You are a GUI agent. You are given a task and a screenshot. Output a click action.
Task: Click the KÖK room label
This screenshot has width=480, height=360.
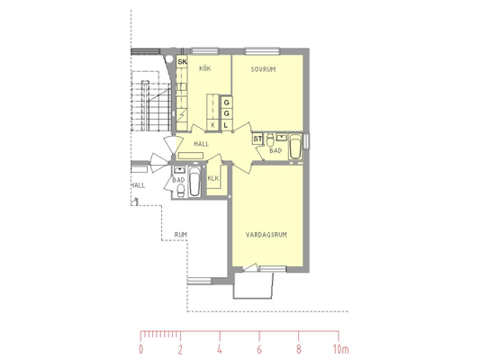[204, 68]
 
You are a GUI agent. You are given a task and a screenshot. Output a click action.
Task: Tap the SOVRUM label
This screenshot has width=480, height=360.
[263, 69]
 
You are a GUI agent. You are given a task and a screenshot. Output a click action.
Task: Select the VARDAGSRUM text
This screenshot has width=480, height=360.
[267, 235]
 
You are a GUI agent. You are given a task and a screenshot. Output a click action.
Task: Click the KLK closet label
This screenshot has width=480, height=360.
[213, 178]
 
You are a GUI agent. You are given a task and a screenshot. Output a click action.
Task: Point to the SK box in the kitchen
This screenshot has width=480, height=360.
[182, 61]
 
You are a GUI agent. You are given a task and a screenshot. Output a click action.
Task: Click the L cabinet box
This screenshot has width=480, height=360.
[226, 125]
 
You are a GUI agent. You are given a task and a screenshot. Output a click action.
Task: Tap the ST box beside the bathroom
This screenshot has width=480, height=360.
[258, 139]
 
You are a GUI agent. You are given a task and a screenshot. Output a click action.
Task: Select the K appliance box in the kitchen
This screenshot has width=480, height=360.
[213, 125]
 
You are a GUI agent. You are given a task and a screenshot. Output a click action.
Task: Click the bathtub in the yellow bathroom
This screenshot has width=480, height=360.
[295, 147]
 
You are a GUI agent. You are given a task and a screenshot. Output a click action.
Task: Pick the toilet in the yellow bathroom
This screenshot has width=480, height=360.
[270, 140]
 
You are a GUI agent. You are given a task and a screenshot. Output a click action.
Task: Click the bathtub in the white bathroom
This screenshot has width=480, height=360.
[195, 182]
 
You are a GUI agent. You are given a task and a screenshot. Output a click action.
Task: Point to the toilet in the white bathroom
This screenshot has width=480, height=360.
[181, 190]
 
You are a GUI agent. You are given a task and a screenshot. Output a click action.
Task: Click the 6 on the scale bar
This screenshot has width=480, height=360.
[259, 349]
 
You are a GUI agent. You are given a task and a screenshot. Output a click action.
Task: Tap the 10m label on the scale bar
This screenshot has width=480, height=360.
[340, 349]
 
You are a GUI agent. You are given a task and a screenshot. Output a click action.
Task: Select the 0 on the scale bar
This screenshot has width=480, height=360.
[140, 349]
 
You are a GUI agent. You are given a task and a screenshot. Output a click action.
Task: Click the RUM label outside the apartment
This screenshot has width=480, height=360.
[181, 235]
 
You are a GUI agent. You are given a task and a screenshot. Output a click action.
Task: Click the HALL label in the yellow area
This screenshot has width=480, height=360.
[202, 144]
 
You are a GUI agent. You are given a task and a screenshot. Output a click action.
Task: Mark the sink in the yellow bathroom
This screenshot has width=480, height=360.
[282, 137]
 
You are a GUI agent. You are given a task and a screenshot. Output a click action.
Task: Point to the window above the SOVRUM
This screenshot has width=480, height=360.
[262, 50]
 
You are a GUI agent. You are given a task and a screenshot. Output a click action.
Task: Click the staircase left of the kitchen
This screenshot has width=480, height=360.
[151, 105]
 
